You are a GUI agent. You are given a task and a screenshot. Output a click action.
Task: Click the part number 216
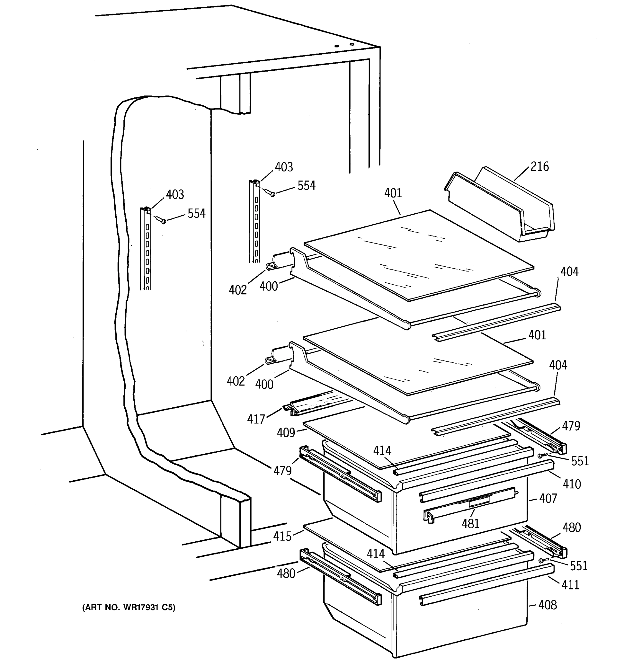point(540,167)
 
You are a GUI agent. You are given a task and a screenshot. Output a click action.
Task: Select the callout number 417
point(256,419)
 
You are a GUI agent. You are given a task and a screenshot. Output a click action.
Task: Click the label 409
point(286,433)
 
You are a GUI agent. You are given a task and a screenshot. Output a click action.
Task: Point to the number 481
point(471,523)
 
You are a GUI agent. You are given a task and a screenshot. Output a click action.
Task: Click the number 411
point(570,585)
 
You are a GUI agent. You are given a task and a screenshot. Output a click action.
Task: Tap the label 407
point(548,498)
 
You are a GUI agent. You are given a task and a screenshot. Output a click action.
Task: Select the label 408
point(548,605)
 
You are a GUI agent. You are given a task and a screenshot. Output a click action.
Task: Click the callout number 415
point(282,536)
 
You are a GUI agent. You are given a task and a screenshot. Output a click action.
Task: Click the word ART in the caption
point(94,607)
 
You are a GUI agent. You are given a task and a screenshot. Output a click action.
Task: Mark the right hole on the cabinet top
point(352,44)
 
